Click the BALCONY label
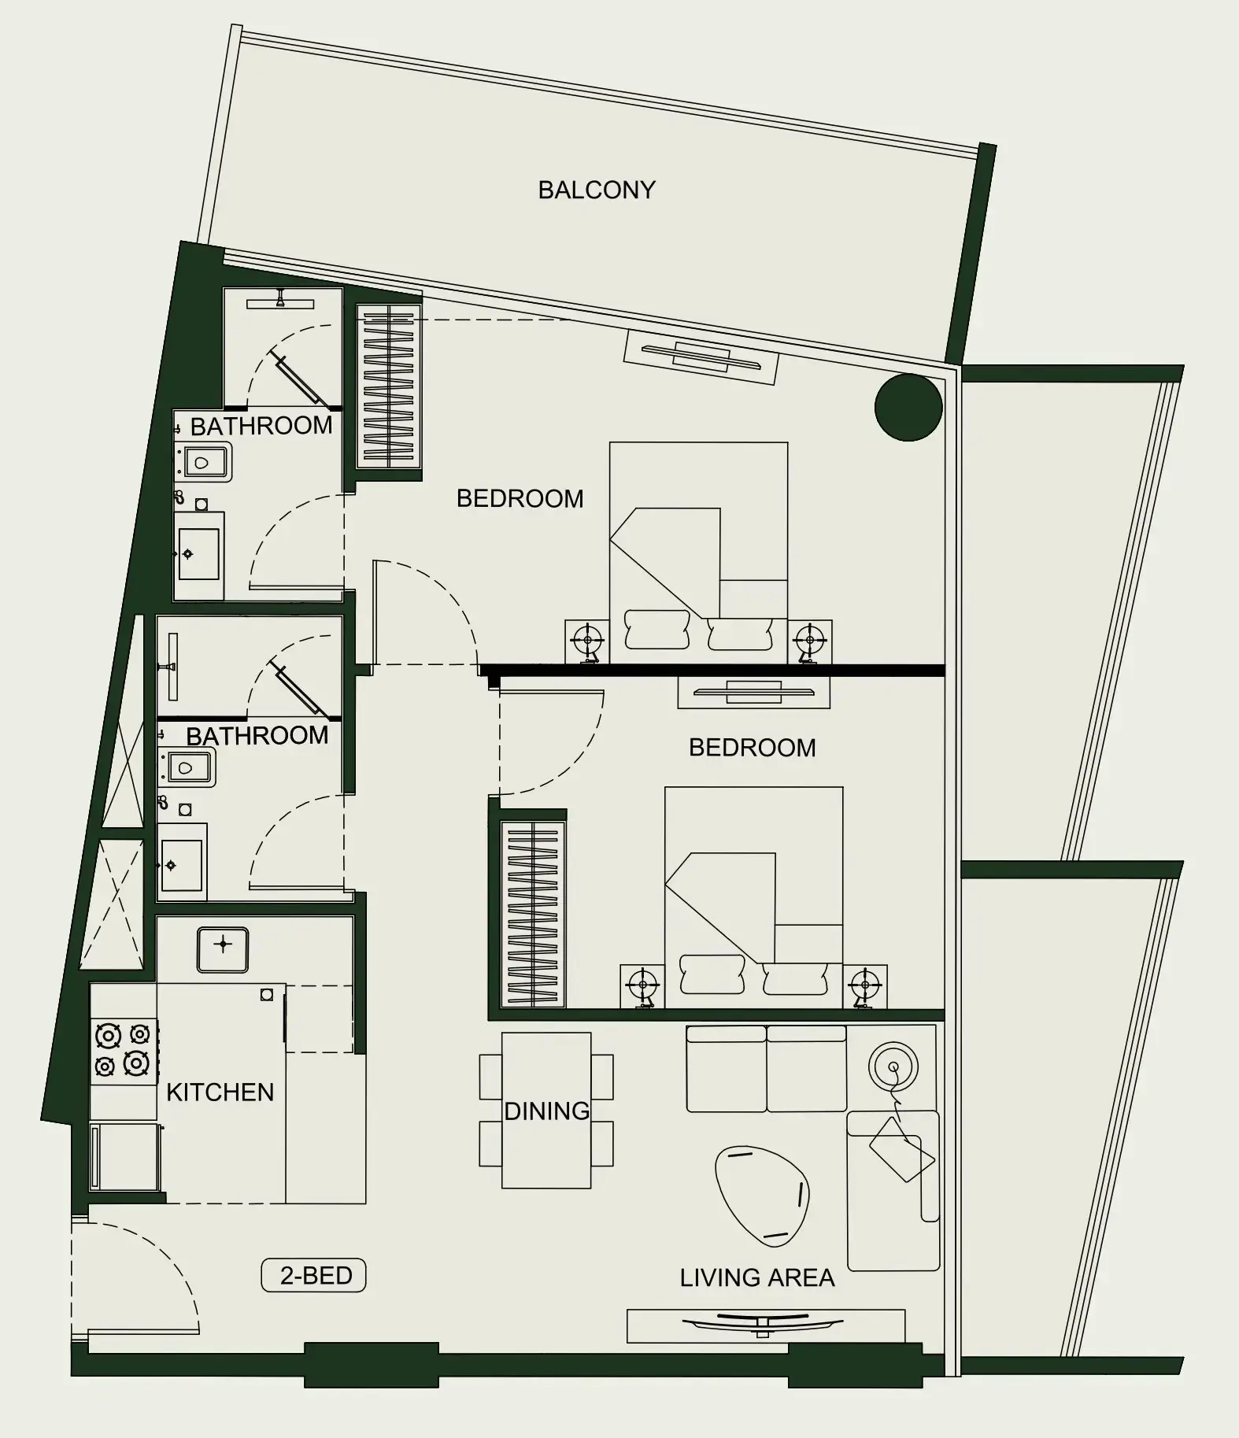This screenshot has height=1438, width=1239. [596, 190]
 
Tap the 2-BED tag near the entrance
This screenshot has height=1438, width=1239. [314, 1275]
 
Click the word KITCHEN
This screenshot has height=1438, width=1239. [220, 1092]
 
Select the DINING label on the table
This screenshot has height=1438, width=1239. [546, 1111]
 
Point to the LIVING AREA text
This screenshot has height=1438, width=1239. [756, 1277]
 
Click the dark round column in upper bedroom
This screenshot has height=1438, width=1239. [908, 407]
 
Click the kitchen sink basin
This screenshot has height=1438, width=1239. [223, 949]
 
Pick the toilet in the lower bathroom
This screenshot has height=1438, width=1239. [187, 767]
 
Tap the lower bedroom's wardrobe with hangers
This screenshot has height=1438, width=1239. [533, 914]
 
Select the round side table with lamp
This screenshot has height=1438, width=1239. [893, 1067]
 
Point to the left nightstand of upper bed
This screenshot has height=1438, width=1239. [586, 641]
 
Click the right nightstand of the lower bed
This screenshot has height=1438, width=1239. [865, 985]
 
